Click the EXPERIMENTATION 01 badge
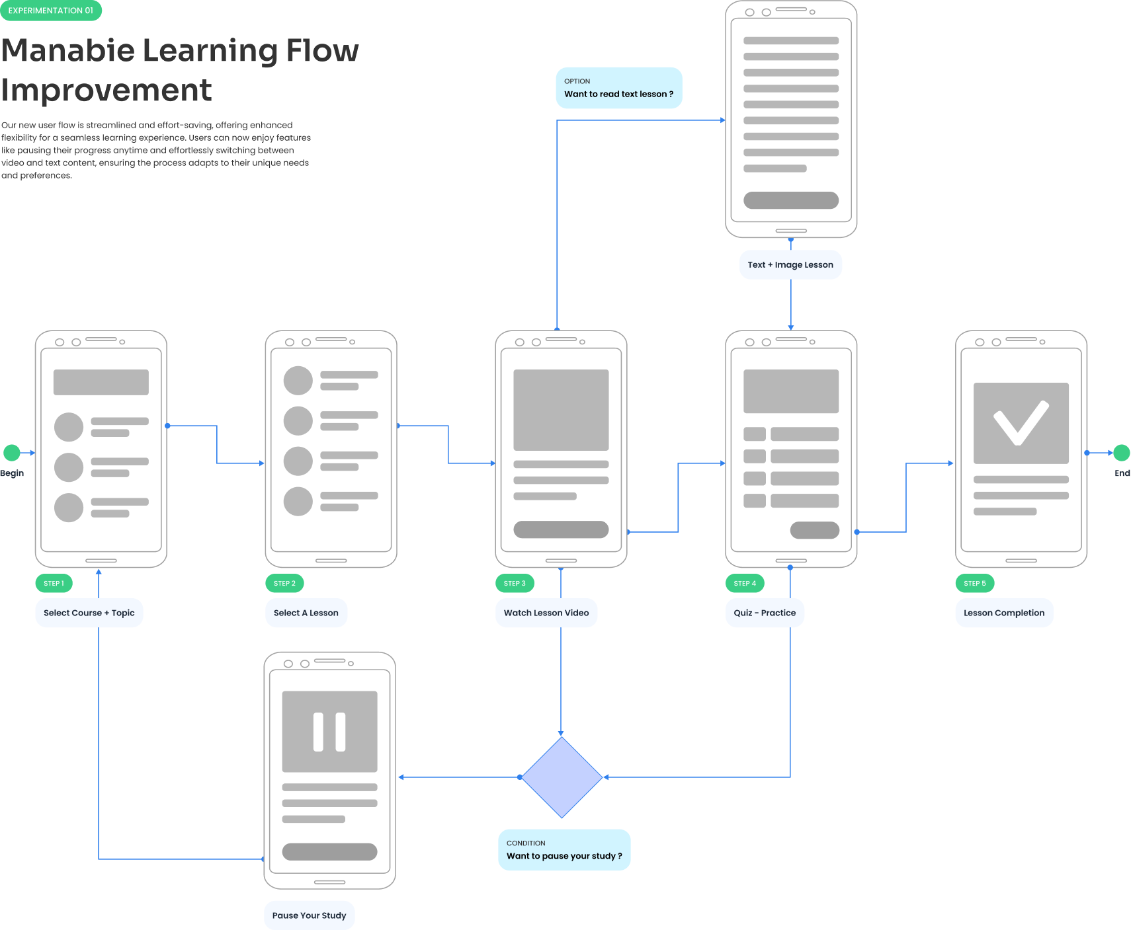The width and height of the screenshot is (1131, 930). [x=51, y=11]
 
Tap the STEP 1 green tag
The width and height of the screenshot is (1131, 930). [x=54, y=583]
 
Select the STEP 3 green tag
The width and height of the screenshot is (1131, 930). [x=515, y=583]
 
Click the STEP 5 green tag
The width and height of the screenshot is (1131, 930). [x=974, y=583]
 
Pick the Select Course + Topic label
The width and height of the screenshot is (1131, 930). [x=89, y=613]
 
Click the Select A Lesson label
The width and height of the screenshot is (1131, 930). [x=306, y=613]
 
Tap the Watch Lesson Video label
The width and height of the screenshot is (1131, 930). [x=546, y=613]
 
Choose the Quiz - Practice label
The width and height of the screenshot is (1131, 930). [x=765, y=613]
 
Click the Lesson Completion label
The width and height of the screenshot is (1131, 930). [x=1003, y=613]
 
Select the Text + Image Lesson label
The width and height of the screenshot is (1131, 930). [x=790, y=264]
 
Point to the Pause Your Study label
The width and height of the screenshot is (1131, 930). [x=309, y=915]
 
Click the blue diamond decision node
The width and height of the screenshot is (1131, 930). [x=562, y=777]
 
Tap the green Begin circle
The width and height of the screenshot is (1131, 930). [x=12, y=453]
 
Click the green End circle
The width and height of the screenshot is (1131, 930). [x=1121, y=453]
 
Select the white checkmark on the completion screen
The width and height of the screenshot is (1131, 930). [x=1021, y=423]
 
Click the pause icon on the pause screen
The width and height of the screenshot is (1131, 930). [x=329, y=732]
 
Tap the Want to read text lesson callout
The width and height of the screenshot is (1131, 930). [x=618, y=88]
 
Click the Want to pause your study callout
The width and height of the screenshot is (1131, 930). [x=564, y=849]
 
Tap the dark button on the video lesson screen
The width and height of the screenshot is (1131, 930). [x=561, y=529]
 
